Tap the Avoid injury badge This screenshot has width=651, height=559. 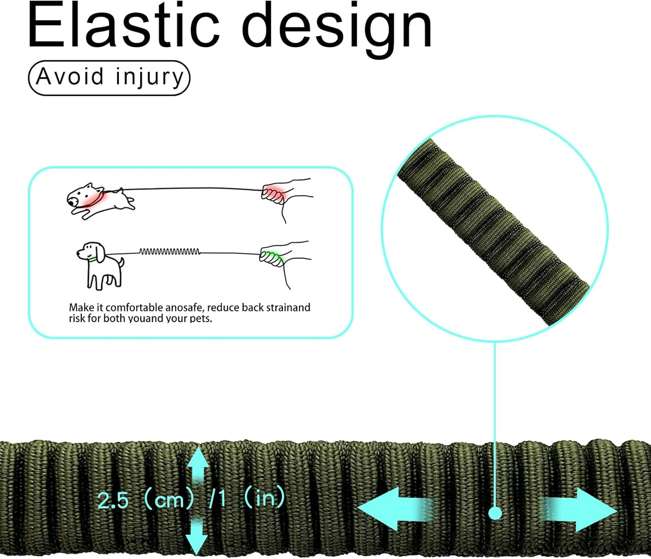pyautogui.click(x=109, y=77)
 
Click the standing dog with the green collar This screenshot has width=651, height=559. pyautogui.click(x=100, y=264)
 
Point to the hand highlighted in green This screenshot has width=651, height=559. pyautogui.click(x=273, y=257)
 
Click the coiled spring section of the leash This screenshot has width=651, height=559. pyautogui.click(x=169, y=252)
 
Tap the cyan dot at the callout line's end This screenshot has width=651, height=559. pyautogui.click(x=495, y=513)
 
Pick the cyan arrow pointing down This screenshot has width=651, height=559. pyautogui.click(x=197, y=536)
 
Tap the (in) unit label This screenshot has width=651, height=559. pyautogui.click(x=264, y=498)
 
